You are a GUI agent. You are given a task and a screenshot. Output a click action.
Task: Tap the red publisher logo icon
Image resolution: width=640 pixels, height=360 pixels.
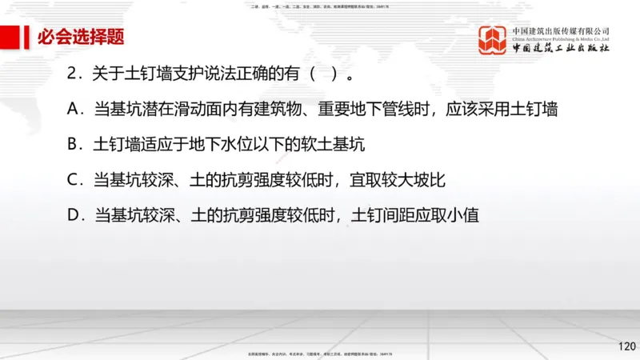pyautogui.click(x=494, y=40)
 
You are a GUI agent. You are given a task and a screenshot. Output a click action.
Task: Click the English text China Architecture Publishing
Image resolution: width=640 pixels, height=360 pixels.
pyautogui.click(x=561, y=38)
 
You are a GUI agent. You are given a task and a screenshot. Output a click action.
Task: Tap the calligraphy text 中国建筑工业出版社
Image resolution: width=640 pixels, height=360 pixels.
pyautogui.click(x=561, y=49)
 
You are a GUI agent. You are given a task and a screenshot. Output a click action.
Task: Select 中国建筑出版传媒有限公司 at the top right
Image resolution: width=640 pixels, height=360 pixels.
pyautogui.click(x=561, y=29)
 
